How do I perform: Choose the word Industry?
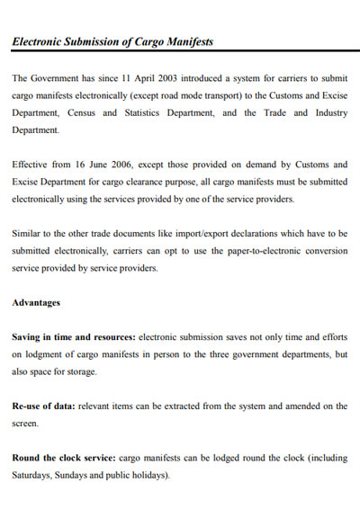point(327,112)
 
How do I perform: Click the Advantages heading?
point(36,302)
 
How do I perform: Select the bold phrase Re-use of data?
point(43,406)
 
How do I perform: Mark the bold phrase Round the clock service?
point(63,458)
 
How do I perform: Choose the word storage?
point(78,371)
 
